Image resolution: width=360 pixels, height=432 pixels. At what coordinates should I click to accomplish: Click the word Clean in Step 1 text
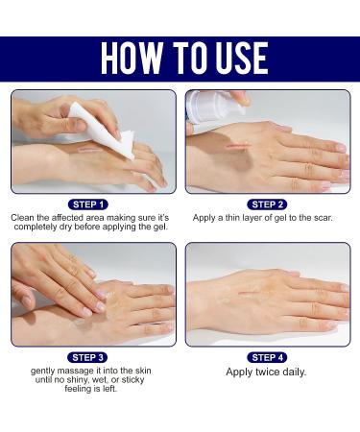tap(23, 218)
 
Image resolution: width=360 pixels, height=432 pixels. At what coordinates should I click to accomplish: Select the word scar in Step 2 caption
tap(320, 218)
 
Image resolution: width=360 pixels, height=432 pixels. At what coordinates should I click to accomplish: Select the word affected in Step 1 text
tap(74, 218)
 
